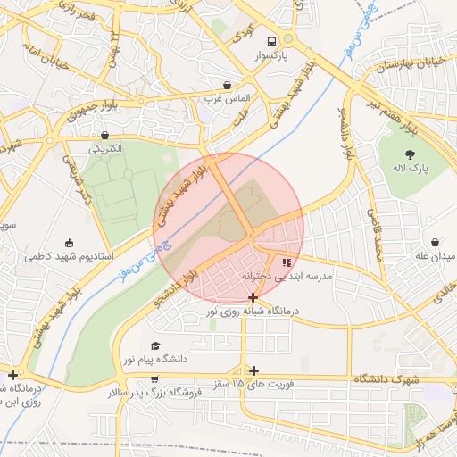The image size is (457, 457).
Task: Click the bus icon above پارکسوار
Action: [x=270, y=40]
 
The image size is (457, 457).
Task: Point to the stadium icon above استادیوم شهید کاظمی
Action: [x=69, y=242]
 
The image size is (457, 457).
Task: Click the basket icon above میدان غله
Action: [x=435, y=242]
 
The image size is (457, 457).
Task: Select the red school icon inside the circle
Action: [x=287, y=262]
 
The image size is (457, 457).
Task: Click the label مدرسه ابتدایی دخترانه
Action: [x=287, y=278]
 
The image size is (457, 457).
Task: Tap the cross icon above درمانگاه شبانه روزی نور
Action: [x=253, y=296]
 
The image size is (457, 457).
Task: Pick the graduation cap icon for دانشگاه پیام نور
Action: [x=155, y=345]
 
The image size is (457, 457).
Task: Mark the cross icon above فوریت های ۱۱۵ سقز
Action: [x=254, y=370]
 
